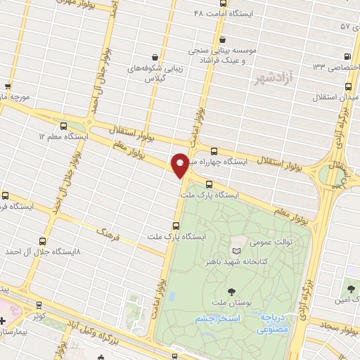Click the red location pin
point(181,165)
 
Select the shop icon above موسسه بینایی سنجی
point(223,39)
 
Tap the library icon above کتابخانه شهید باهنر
point(236,250)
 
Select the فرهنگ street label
point(106,231)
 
